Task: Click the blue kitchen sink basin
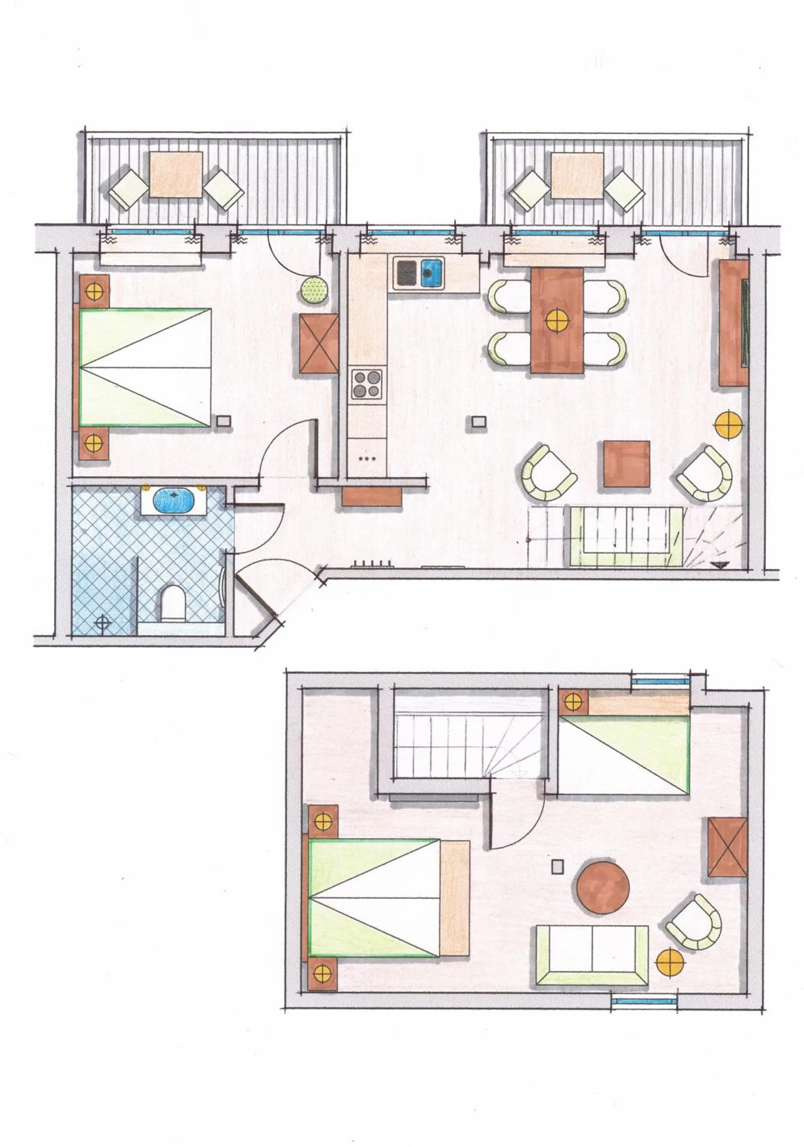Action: coord(431,273)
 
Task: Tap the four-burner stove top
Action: coord(366,383)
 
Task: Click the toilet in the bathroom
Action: coord(173,602)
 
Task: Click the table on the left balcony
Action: coord(176,174)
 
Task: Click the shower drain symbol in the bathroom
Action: coord(103,622)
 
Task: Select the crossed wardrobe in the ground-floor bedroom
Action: coord(319,343)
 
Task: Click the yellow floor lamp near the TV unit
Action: coord(729,424)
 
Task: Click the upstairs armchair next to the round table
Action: coord(695,908)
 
